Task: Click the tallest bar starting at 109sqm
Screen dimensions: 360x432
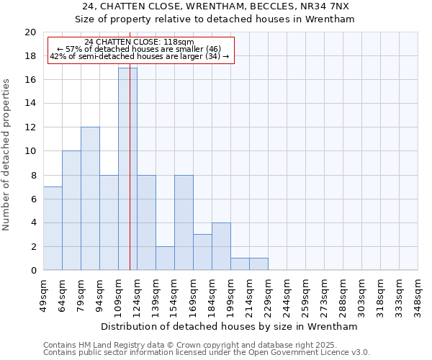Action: click(x=127, y=168)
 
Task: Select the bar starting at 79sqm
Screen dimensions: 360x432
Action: click(x=90, y=199)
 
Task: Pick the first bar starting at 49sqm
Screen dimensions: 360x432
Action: click(x=53, y=228)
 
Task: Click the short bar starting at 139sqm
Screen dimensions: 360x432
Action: click(x=165, y=258)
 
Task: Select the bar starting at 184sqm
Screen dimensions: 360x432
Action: click(x=221, y=246)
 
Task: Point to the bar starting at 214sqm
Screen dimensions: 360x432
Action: click(x=258, y=264)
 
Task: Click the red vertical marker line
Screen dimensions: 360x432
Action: click(x=130, y=180)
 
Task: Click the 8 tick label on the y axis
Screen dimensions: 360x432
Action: click(x=32, y=175)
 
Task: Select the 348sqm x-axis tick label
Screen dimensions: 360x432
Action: click(x=418, y=295)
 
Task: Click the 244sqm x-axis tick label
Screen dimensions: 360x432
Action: click(x=287, y=295)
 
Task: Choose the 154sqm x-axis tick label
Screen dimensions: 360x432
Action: click(x=174, y=295)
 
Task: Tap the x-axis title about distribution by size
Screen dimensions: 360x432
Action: click(x=230, y=326)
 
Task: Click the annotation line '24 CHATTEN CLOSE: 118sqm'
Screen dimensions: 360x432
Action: click(x=139, y=42)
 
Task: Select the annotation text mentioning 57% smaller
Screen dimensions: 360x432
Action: click(x=139, y=49)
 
